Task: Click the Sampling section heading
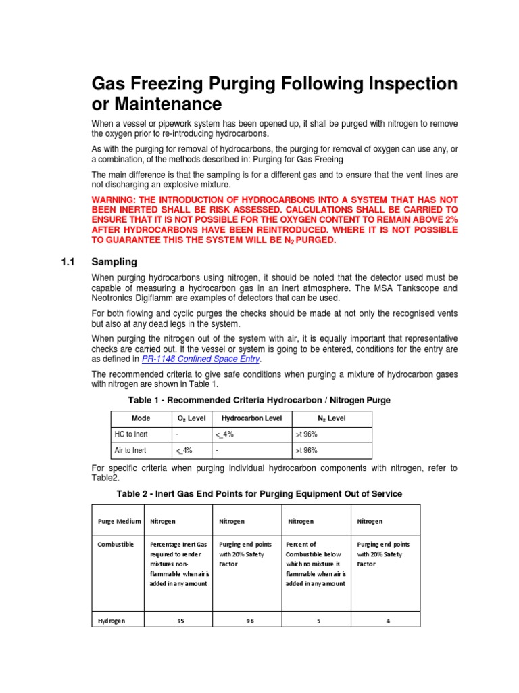pyautogui.click(x=114, y=261)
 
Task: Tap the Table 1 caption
pyautogui.click(x=254, y=401)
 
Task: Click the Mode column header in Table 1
pyautogui.click(x=141, y=418)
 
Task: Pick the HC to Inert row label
pyautogui.click(x=130, y=434)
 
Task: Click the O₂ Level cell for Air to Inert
pyautogui.click(x=184, y=451)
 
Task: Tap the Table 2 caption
pyautogui.click(x=260, y=494)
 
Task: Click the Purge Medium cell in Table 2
pyautogui.click(x=120, y=522)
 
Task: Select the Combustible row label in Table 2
pyautogui.click(x=116, y=544)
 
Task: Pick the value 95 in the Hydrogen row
pyautogui.click(x=180, y=621)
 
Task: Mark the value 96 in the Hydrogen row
pyautogui.click(x=249, y=621)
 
